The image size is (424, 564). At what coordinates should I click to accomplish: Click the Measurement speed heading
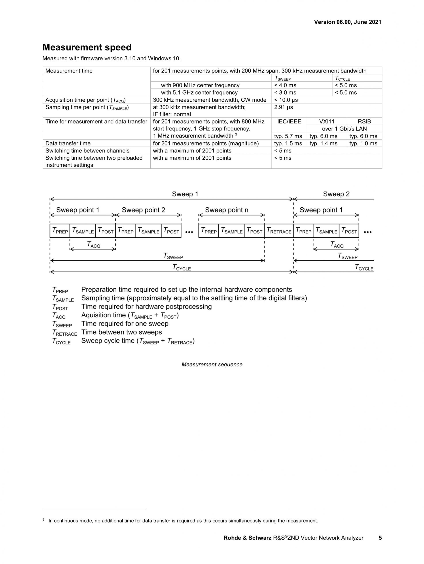(x=87, y=47)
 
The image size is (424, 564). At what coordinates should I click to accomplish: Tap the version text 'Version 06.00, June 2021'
(x=347, y=22)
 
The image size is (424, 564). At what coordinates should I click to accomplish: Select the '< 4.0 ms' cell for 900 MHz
(x=285, y=86)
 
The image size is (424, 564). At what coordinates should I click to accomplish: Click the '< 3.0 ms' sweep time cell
(x=285, y=93)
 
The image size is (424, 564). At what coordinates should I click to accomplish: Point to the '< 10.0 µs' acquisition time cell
(x=286, y=100)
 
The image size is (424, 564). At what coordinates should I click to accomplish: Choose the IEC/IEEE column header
(x=289, y=122)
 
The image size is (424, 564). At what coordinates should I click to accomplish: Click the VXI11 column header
(x=327, y=122)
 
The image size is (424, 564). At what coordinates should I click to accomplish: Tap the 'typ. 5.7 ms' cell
(x=288, y=136)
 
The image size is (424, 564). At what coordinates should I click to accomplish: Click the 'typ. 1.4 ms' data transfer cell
(x=323, y=143)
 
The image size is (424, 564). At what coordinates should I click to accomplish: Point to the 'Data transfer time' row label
(x=68, y=143)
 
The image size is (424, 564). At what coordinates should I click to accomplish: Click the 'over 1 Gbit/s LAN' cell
(x=344, y=129)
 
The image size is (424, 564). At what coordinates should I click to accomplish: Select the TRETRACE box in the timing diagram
(x=279, y=231)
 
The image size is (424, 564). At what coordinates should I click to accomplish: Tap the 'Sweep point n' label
(x=227, y=210)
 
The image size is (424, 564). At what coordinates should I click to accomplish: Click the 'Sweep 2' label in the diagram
(x=336, y=194)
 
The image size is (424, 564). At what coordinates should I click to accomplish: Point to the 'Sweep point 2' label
(x=143, y=210)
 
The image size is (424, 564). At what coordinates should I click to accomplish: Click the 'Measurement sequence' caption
(x=212, y=365)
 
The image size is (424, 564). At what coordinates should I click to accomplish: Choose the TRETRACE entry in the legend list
(x=65, y=333)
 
